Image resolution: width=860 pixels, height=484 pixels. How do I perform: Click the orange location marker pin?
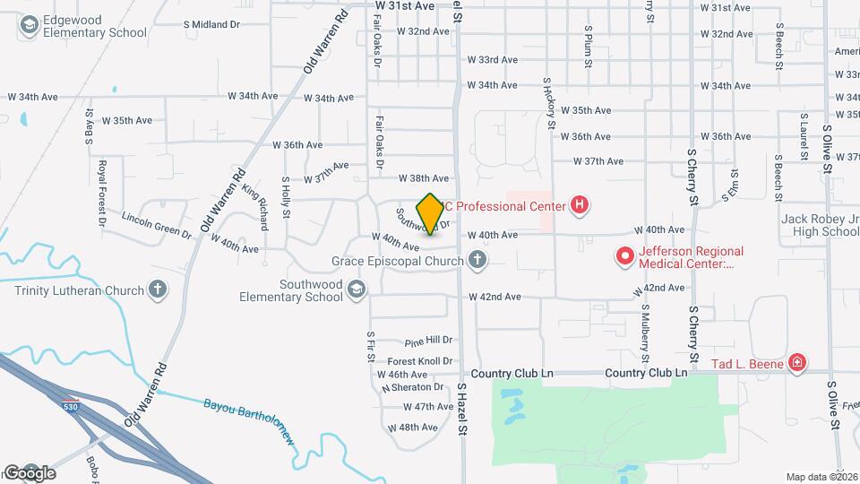(x=430, y=213)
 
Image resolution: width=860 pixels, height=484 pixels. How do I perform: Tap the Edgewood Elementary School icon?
(x=29, y=26)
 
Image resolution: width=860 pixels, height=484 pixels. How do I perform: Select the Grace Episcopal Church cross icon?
(x=477, y=261)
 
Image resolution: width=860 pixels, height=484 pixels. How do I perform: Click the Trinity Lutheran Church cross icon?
(x=158, y=290)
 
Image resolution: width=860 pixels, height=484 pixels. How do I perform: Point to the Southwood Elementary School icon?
(x=357, y=290)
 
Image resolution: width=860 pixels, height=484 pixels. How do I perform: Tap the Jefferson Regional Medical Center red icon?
(x=623, y=258)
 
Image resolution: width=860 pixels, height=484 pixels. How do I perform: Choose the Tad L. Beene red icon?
(x=796, y=363)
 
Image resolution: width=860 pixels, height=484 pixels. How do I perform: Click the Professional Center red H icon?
(x=580, y=206)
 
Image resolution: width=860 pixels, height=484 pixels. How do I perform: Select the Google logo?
(x=30, y=472)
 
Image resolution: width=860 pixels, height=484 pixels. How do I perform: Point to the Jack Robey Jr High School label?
(x=820, y=225)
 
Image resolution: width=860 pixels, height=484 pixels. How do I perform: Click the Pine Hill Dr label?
(x=428, y=341)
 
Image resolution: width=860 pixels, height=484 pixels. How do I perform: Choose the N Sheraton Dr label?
(x=413, y=388)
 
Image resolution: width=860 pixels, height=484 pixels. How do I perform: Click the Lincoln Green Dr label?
(x=157, y=226)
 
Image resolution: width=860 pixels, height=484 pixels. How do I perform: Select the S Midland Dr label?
(x=211, y=24)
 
